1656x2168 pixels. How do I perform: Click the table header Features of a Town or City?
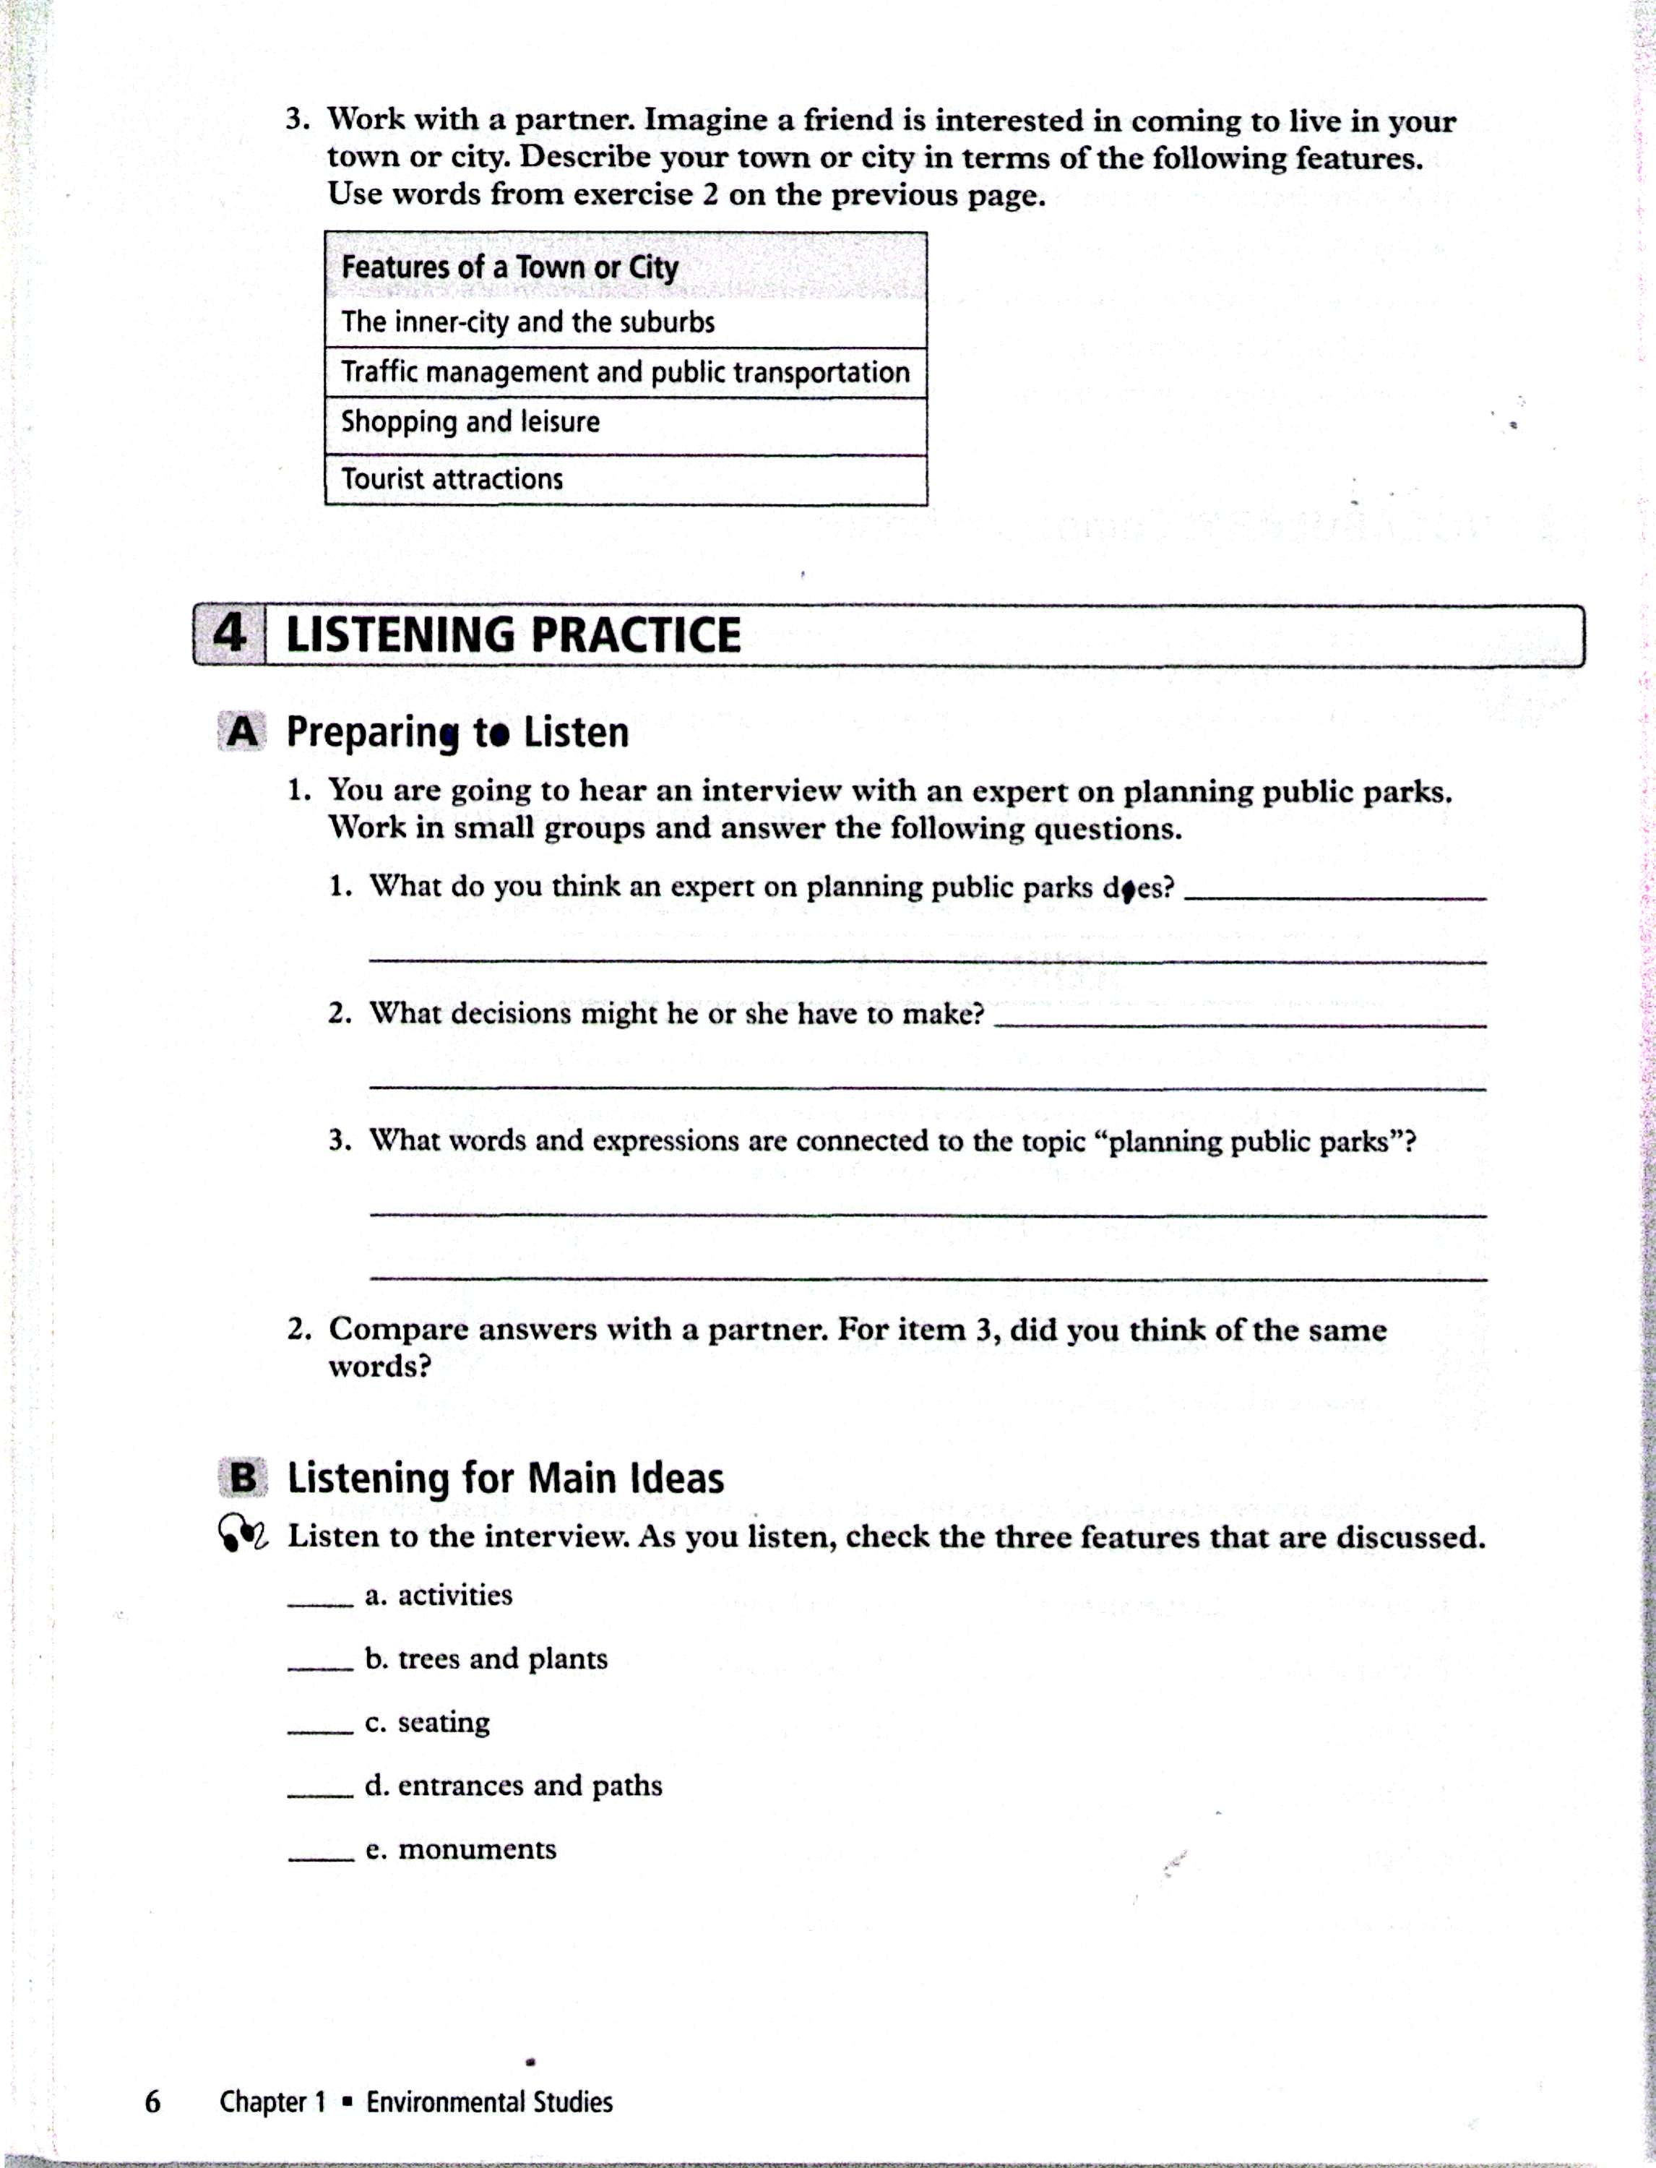click(509, 267)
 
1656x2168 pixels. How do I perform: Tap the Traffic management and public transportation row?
click(625, 373)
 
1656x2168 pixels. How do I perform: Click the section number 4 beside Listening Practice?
click(230, 634)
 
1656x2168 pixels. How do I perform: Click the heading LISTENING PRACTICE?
click(512, 635)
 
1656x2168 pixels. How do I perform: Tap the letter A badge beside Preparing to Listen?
click(241, 733)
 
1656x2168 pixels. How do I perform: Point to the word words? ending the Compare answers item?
click(379, 1367)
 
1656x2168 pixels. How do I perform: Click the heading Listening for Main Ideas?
click(505, 1479)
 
